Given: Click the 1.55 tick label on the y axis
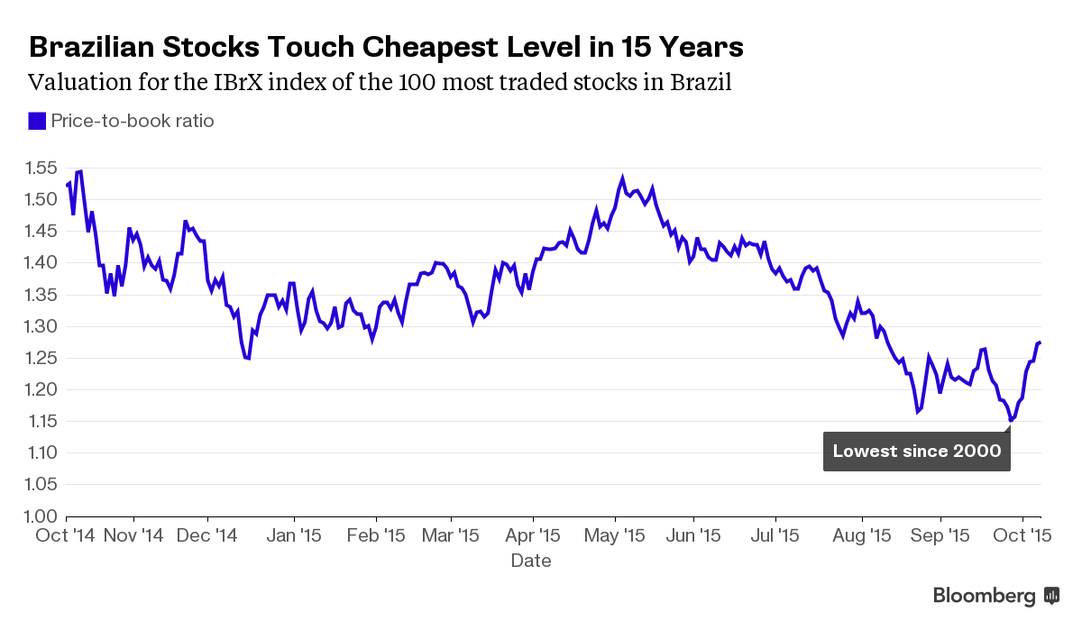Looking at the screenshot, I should click(x=41, y=168).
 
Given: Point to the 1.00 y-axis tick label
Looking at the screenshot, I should click(x=41, y=516).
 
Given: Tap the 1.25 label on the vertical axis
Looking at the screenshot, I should click(x=41, y=358).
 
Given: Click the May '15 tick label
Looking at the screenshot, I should click(x=615, y=534).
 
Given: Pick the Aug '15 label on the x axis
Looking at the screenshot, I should click(x=862, y=534).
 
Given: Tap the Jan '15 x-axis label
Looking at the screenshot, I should click(x=294, y=534).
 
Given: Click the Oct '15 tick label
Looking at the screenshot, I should click(x=1023, y=534).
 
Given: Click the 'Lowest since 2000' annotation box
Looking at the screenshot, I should click(x=916, y=451).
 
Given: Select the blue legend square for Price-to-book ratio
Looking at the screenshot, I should click(x=37, y=121).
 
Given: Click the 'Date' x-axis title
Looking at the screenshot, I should click(x=531, y=561).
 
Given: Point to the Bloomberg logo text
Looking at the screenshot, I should click(x=984, y=596).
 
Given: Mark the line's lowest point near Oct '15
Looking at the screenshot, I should click(x=1011, y=420).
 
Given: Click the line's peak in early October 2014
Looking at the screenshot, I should click(x=80, y=171).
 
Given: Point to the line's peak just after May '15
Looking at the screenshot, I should click(x=622, y=178).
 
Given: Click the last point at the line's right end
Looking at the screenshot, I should click(x=1040, y=342).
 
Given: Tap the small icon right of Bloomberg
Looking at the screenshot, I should click(x=1051, y=596).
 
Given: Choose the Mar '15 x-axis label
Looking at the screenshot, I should click(x=450, y=534).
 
